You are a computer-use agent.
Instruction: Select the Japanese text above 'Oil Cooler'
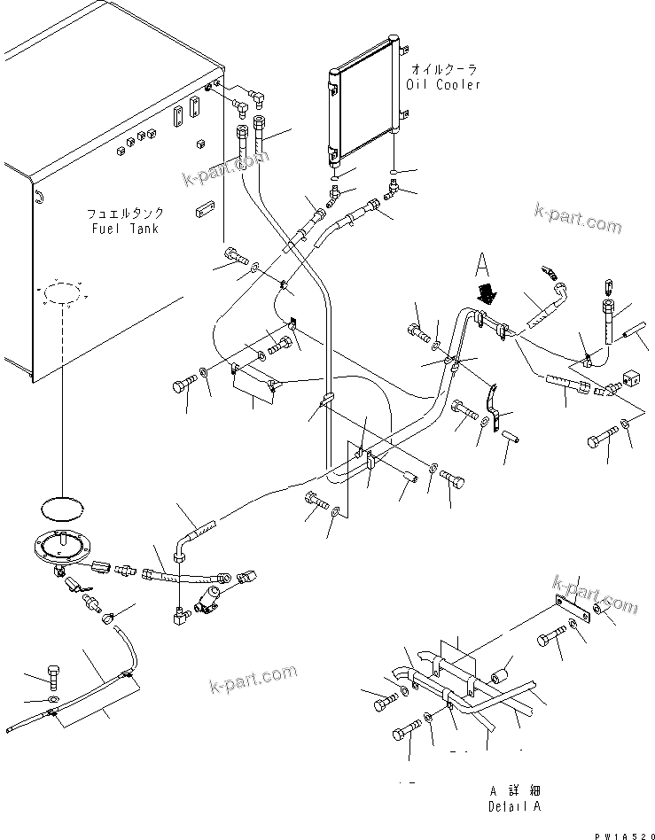click(444, 68)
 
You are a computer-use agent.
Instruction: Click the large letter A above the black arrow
click(481, 265)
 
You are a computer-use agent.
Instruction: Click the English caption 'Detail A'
click(513, 806)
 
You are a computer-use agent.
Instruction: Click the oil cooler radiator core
click(364, 103)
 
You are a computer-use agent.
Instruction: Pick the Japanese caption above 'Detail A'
click(514, 790)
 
